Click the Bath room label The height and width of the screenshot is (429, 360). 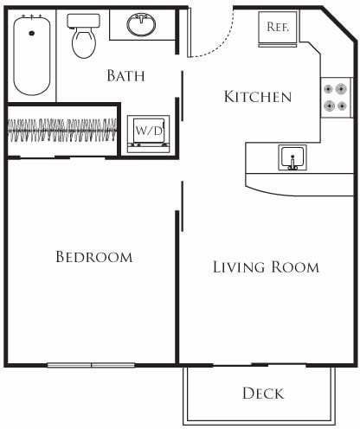click(x=125, y=75)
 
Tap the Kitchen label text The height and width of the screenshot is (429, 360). click(x=257, y=96)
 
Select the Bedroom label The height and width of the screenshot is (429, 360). click(x=93, y=257)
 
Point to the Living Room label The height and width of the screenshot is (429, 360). click(x=266, y=266)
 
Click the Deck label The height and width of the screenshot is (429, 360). click(x=263, y=394)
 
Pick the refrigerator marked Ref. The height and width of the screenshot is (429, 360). click(x=277, y=28)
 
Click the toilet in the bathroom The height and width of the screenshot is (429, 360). click(x=83, y=39)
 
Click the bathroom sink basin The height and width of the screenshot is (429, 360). click(x=140, y=25)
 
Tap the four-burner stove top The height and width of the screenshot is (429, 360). click(x=336, y=97)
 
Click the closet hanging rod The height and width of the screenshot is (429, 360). click(x=62, y=131)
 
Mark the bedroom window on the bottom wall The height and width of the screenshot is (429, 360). click(x=92, y=365)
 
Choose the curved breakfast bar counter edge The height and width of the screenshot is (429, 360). click(x=294, y=189)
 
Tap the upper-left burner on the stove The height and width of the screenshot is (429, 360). click(x=330, y=88)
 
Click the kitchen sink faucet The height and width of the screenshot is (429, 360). click(x=292, y=163)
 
